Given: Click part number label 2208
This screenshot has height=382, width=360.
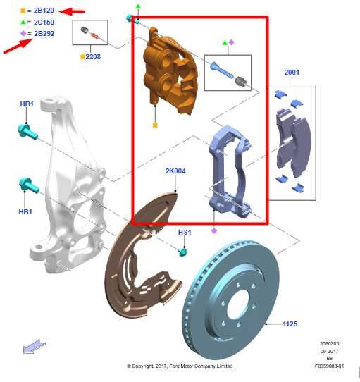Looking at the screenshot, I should pos(93,56).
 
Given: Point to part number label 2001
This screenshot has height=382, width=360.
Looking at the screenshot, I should pos(292,73).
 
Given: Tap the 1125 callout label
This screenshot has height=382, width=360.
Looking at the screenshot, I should pos(290,324).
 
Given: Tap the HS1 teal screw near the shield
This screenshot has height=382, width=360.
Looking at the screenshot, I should pos(182,251).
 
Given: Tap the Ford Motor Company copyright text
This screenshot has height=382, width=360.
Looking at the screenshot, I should pos(180,366).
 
